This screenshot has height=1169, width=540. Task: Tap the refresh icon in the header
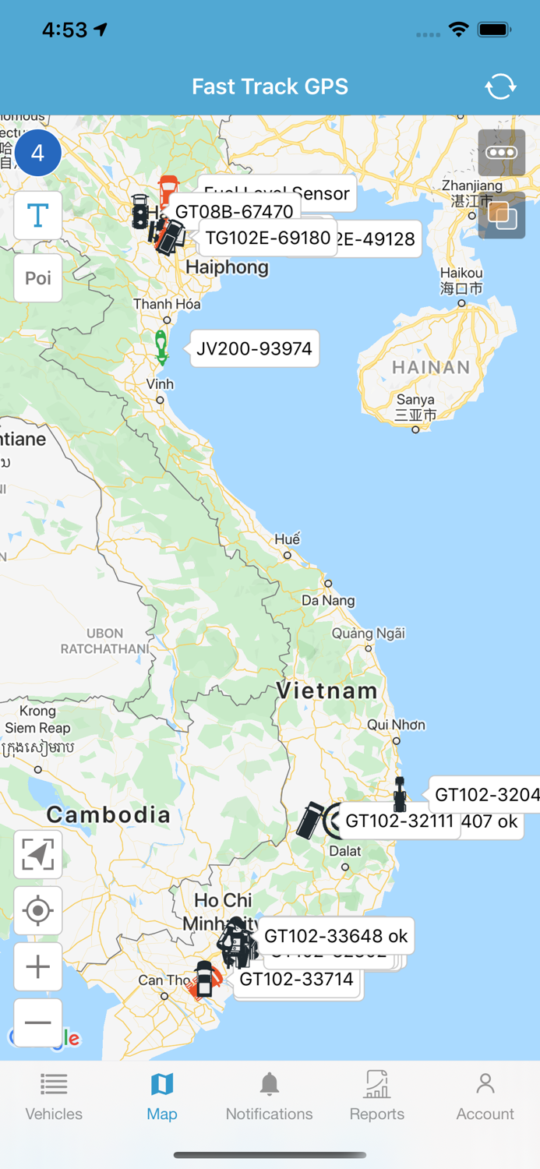pyautogui.click(x=500, y=87)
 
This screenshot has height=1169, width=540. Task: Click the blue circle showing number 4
pyautogui.click(x=37, y=154)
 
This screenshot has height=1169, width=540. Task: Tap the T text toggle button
pyautogui.click(x=38, y=215)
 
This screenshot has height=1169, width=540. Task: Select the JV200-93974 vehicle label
pyautogui.click(x=254, y=348)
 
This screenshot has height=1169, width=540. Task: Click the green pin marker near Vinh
pyautogui.click(x=161, y=348)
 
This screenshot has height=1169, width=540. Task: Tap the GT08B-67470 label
pyautogui.click(x=234, y=211)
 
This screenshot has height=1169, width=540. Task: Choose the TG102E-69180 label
pyautogui.click(x=268, y=238)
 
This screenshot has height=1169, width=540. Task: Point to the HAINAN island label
pyautogui.click(x=431, y=367)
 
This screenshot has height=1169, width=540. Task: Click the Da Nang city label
pyautogui.click(x=328, y=600)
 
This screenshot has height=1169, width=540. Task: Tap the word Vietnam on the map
pyautogui.click(x=326, y=690)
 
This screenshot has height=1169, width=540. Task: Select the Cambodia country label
pyautogui.click(x=108, y=815)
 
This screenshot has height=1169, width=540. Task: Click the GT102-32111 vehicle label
pyautogui.click(x=399, y=821)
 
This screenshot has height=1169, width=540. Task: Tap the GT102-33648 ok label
pyautogui.click(x=336, y=936)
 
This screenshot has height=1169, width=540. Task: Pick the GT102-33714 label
pyautogui.click(x=296, y=980)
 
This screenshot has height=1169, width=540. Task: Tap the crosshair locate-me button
pyautogui.click(x=38, y=910)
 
